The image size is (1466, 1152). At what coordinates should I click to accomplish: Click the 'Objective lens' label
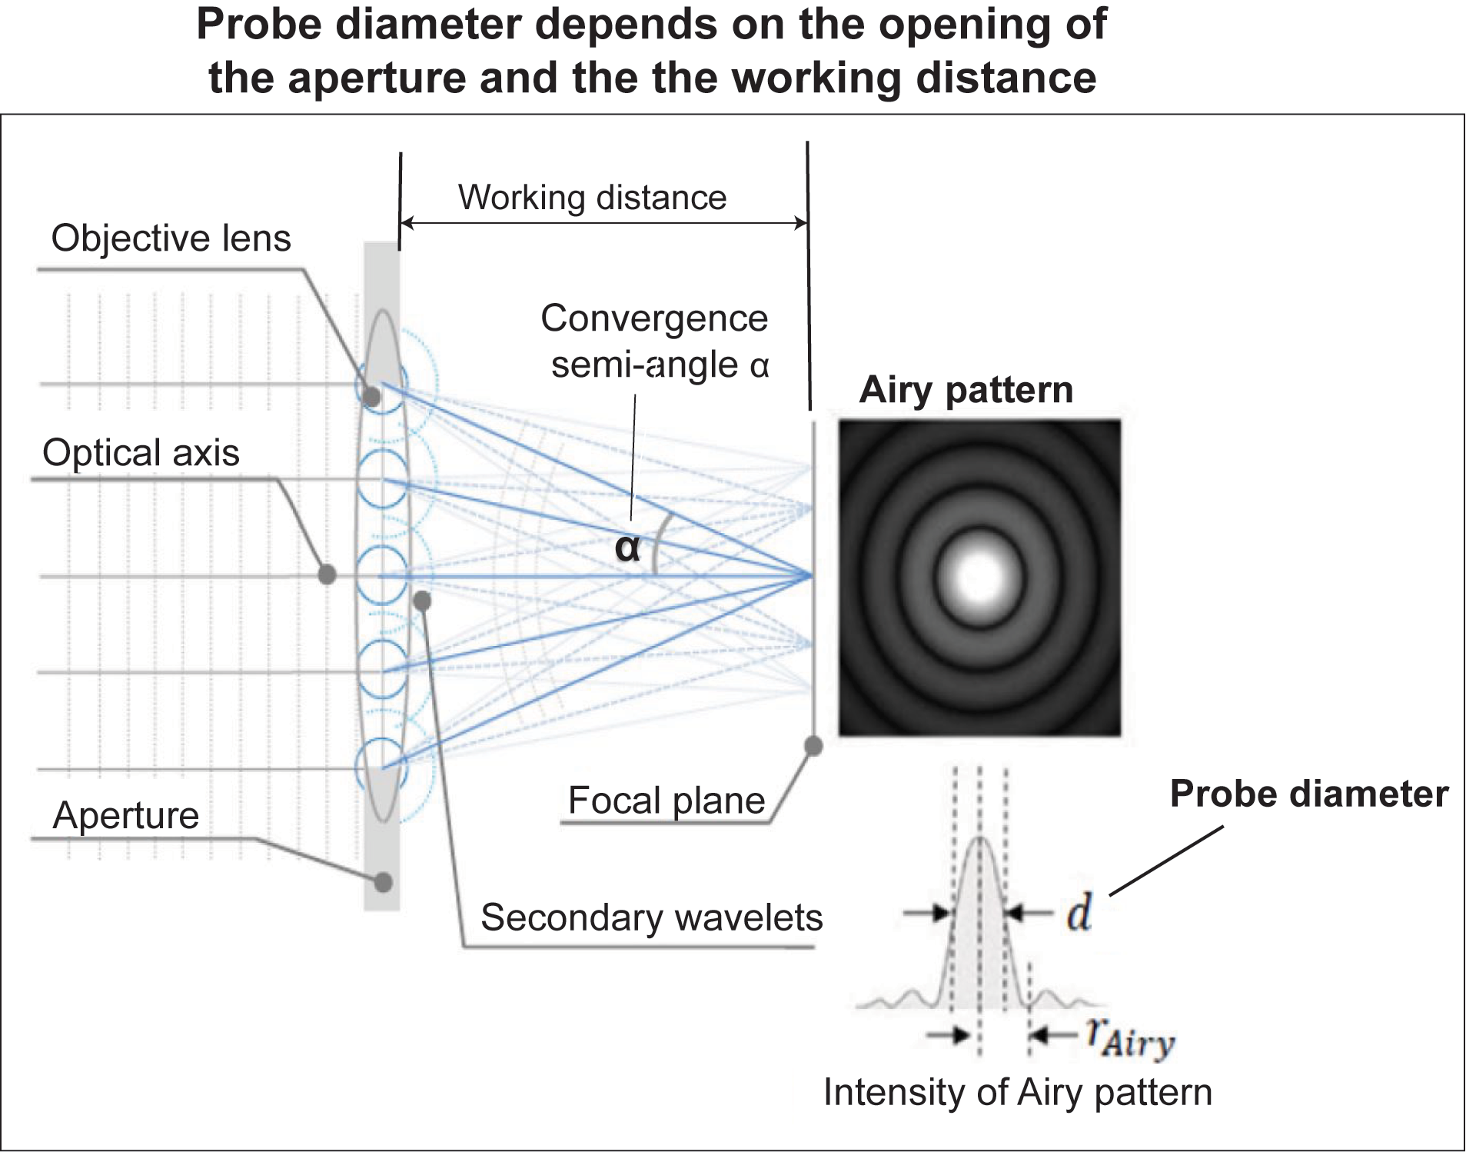(171, 238)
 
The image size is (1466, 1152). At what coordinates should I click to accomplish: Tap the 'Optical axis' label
(141, 452)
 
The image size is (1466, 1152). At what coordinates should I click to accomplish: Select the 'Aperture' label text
(125, 815)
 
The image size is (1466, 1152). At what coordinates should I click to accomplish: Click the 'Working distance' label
(592, 198)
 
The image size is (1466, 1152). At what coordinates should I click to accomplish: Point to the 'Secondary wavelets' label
(651, 917)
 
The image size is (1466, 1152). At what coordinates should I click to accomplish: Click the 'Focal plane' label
(666, 801)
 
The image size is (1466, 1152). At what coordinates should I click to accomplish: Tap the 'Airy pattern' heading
(966, 390)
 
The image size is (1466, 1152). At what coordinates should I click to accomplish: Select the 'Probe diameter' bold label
(1308, 794)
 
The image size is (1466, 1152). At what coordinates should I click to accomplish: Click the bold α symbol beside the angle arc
(627, 548)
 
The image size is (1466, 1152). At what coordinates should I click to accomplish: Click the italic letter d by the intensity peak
(1079, 914)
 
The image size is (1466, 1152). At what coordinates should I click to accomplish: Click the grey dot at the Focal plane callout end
(813, 745)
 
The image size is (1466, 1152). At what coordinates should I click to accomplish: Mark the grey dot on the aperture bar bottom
(383, 882)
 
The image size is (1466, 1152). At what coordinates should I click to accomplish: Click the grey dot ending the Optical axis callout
(327, 574)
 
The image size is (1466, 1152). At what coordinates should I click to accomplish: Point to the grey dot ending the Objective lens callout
(371, 397)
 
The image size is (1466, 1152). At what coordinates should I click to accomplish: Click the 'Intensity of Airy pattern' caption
(1017, 1092)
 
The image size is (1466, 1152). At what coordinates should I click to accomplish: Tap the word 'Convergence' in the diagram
(653, 318)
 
